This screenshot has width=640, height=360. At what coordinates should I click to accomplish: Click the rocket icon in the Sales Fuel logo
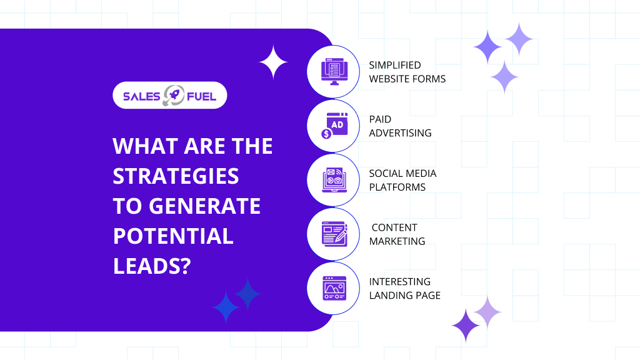pos(174,96)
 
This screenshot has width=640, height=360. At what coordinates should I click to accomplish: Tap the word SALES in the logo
pos(141,97)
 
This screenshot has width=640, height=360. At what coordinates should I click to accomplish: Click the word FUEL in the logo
pos(202,97)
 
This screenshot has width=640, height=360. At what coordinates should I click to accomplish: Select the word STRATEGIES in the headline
pos(176,176)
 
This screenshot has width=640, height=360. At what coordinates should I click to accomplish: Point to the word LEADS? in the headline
pos(152,266)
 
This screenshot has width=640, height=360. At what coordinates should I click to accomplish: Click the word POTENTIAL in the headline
pos(173,236)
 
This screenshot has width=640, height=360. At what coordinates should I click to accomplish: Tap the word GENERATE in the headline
pos(204,206)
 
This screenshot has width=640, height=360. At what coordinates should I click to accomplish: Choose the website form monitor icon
pos(334,72)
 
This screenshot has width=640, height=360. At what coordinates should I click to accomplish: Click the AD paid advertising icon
pos(335,126)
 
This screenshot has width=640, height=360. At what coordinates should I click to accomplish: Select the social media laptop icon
pos(334,180)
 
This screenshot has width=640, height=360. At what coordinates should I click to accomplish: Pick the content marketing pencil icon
pos(334,234)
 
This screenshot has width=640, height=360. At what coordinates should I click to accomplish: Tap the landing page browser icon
pos(334,288)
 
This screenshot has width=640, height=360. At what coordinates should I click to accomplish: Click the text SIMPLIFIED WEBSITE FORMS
pos(407,72)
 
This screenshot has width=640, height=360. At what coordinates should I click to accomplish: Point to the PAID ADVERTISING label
pos(400,126)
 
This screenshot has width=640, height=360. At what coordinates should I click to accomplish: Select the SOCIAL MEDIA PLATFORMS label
pos(402,181)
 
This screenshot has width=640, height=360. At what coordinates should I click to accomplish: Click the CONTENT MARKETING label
pos(397,234)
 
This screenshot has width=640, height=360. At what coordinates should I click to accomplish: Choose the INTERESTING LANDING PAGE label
pos(404,289)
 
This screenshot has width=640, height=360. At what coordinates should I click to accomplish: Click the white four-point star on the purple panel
pos(274,62)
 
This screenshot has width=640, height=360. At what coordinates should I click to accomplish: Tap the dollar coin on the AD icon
pos(326,134)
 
